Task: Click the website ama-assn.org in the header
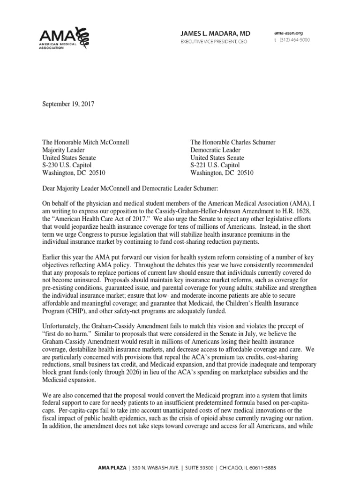point(288,33)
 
